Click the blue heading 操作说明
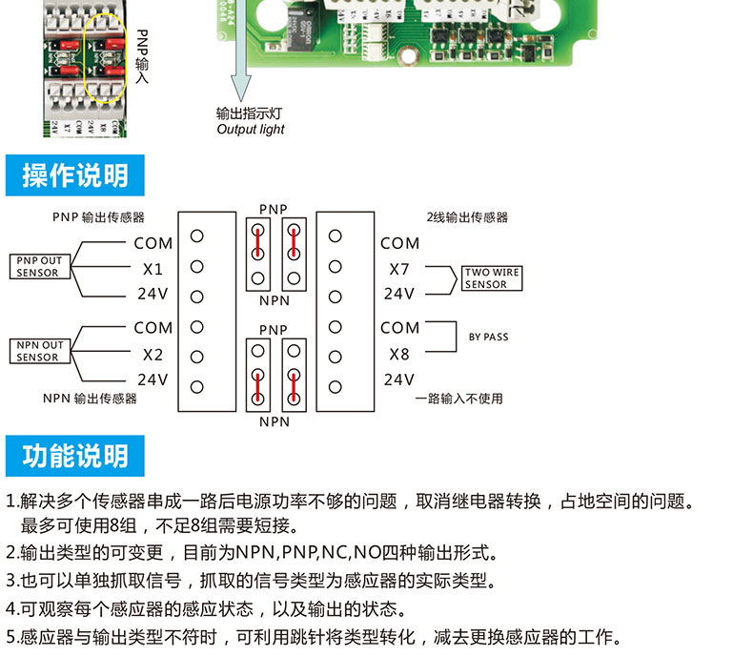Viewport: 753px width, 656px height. [x=75, y=175]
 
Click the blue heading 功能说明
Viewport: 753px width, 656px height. [x=75, y=457]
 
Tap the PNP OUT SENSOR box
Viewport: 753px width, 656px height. [x=37, y=266]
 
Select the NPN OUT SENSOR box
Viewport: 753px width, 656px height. [x=37, y=351]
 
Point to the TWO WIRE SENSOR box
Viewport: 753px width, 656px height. [x=492, y=278]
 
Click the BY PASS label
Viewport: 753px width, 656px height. [x=489, y=337]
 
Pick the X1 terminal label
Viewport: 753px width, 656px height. [x=153, y=269]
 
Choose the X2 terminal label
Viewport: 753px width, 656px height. [x=153, y=354]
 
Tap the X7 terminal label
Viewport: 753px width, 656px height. [x=399, y=269]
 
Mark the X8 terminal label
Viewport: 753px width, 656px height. [x=399, y=354]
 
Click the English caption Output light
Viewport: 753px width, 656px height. [x=251, y=130]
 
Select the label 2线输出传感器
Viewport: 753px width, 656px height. [x=467, y=217]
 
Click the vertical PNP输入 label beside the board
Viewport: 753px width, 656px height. [x=142, y=56]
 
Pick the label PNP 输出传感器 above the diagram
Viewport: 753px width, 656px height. [x=99, y=217]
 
